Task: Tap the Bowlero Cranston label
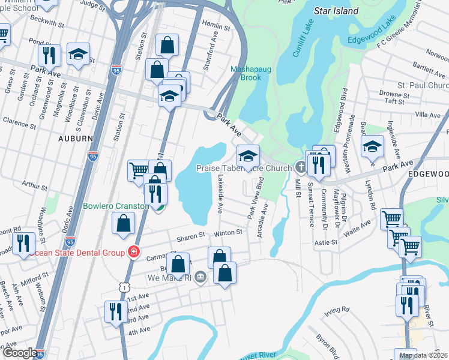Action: pos(116,206)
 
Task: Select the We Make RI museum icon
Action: pos(200,278)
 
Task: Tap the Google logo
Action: pos(19,353)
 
